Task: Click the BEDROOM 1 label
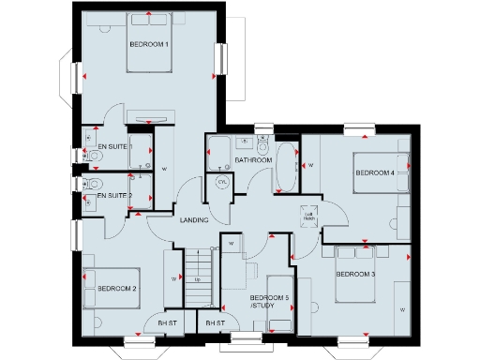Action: (x=149, y=44)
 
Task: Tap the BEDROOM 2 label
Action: (x=117, y=289)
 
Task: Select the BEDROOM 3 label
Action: (x=355, y=274)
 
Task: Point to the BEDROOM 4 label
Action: (x=374, y=172)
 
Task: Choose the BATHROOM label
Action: (x=253, y=160)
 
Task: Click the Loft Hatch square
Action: (x=307, y=214)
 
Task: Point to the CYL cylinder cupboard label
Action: (x=222, y=181)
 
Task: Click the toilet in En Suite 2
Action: (x=95, y=184)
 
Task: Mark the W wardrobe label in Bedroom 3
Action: (x=402, y=308)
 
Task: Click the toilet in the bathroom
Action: (x=263, y=147)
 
